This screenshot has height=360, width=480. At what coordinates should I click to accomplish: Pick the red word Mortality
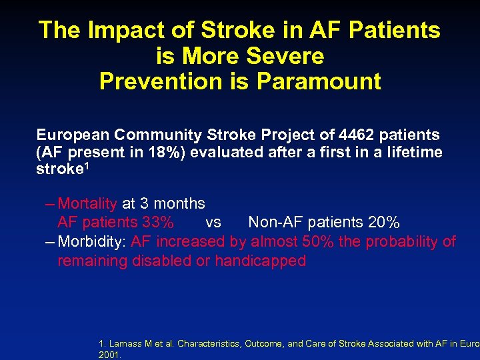click(88, 203)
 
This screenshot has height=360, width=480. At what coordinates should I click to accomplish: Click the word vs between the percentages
click(213, 222)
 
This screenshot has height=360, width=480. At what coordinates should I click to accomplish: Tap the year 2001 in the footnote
click(107, 355)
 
